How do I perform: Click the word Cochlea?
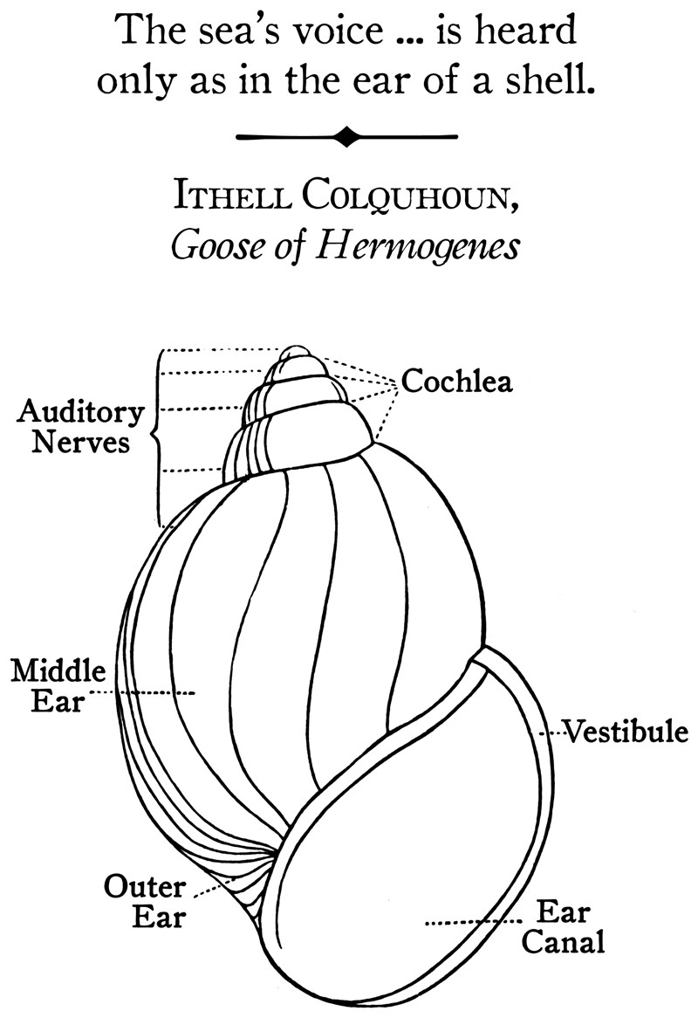[456, 382]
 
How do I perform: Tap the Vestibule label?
[626, 731]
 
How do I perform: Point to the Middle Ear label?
[58, 686]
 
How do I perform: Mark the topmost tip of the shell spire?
[298, 347]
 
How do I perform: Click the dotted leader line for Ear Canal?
[471, 922]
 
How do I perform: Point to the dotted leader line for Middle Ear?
[144, 694]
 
